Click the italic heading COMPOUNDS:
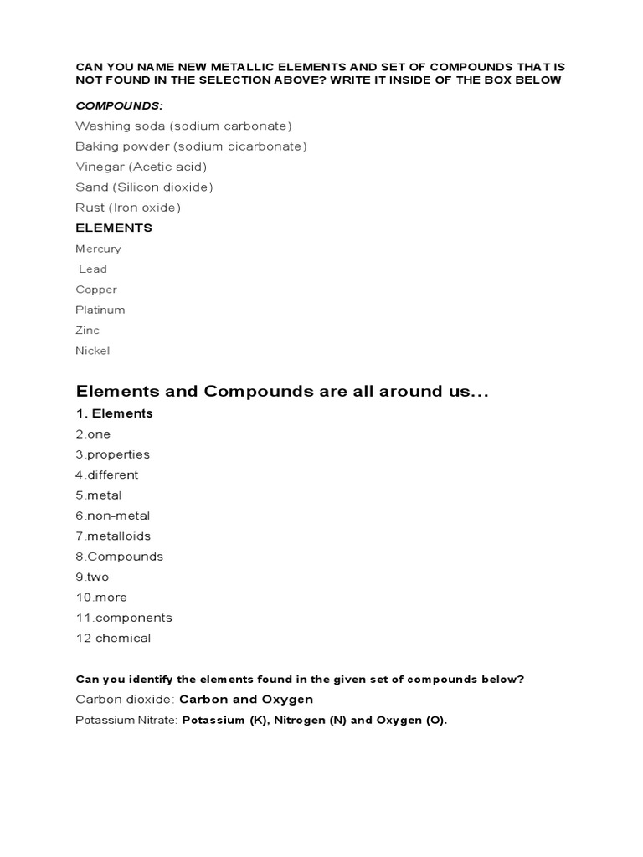(x=119, y=105)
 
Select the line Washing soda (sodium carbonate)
(x=183, y=126)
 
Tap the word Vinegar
(x=99, y=167)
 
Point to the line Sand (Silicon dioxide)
(x=144, y=187)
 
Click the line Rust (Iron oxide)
(x=128, y=208)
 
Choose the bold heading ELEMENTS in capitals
(x=114, y=228)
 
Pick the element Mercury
(x=98, y=249)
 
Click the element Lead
(x=93, y=269)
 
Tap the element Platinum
(x=100, y=310)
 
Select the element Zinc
(x=87, y=330)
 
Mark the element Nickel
(x=92, y=351)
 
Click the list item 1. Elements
(x=114, y=413)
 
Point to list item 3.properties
(x=112, y=454)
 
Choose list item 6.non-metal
(x=112, y=516)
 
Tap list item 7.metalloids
(x=113, y=536)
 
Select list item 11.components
(x=123, y=618)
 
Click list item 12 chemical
(x=113, y=638)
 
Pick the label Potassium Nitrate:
(x=126, y=720)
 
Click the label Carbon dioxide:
(x=126, y=700)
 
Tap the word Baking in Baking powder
(x=96, y=146)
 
